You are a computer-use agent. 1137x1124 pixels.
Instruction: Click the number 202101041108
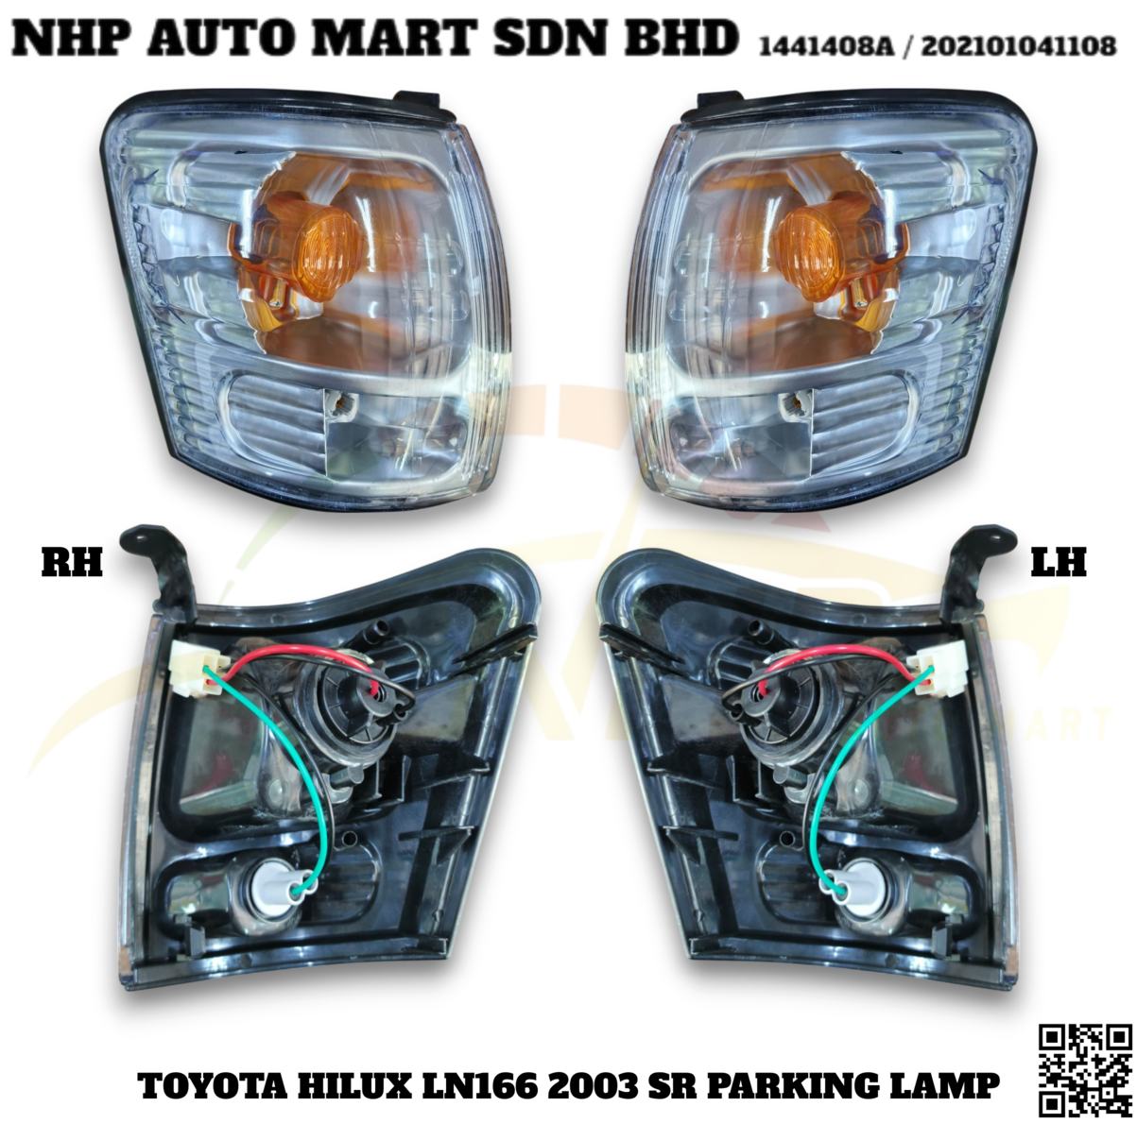pos(1019,44)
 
